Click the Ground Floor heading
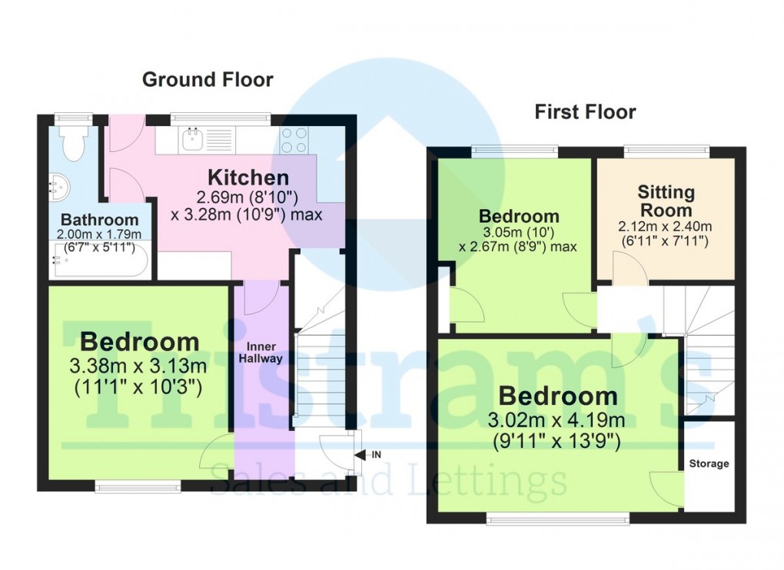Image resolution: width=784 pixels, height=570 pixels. [x=208, y=79]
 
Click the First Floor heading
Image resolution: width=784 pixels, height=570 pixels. [x=585, y=112]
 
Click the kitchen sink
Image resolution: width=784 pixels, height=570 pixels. [x=192, y=140]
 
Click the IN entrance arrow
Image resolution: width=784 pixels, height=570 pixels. [x=368, y=455]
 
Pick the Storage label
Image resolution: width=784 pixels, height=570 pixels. [x=708, y=463]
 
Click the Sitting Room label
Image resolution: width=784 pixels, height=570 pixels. [x=665, y=200]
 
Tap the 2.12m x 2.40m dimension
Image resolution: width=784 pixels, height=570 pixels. [x=666, y=227]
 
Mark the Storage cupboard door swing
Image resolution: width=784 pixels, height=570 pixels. [x=666, y=487]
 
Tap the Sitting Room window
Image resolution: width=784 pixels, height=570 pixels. [x=664, y=151]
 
